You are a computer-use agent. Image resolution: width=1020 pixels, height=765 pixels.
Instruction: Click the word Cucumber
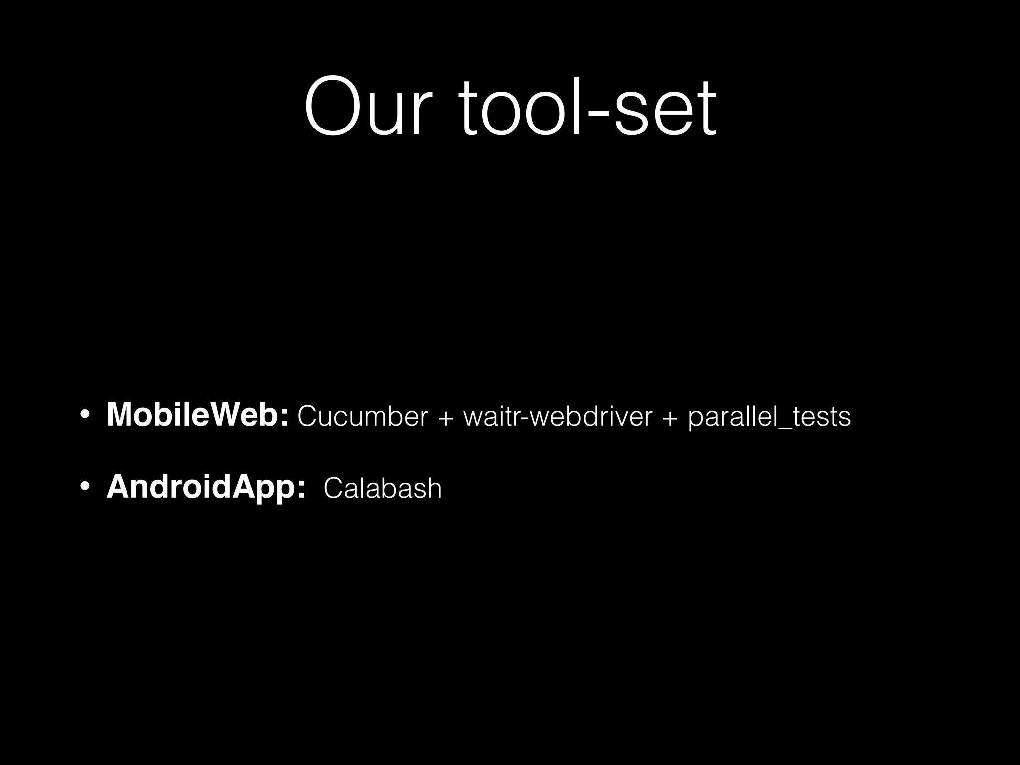tap(363, 416)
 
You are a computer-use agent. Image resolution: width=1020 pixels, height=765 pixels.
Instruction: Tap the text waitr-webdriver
tap(558, 416)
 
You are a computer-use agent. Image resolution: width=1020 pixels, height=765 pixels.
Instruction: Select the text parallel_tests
tap(769, 417)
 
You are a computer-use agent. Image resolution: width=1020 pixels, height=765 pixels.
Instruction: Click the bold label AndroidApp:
tap(206, 487)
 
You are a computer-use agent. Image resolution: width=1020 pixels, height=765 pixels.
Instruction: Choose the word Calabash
tap(382, 488)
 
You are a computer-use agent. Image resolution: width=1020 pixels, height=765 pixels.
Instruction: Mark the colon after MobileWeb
tap(284, 418)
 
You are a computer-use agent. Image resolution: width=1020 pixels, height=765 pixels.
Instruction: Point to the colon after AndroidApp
tap(301, 490)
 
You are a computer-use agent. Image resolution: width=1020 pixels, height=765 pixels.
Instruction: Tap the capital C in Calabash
tap(332, 488)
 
